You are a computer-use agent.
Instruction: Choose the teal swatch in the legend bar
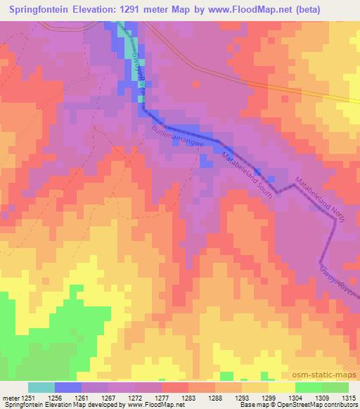click(41, 387)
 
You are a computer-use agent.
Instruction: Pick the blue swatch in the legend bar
click(68, 387)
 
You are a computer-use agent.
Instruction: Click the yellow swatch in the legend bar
click(281, 387)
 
